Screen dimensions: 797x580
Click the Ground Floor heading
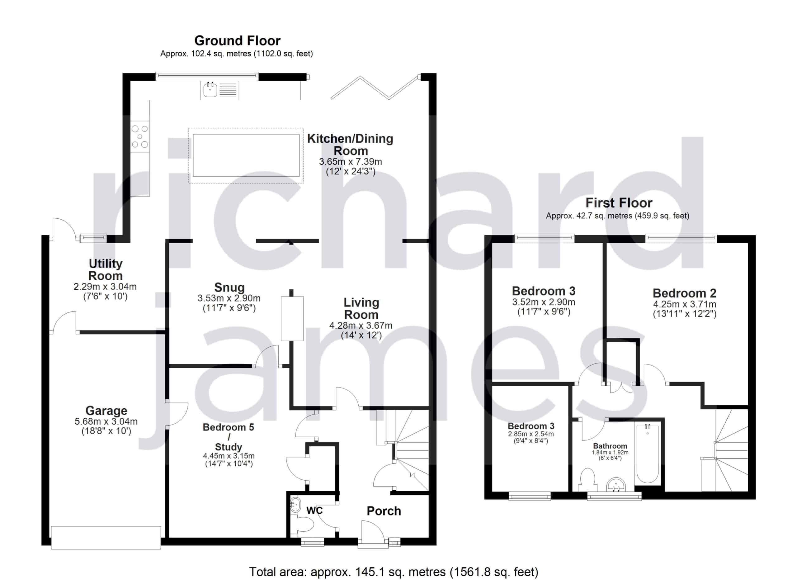tap(238, 41)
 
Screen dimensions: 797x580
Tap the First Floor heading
tap(619, 203)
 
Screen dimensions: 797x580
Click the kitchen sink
tap(210, 90)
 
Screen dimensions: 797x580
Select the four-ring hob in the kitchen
tap(140, 137)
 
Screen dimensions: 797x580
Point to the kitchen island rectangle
tap(246, 155)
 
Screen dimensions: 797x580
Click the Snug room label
tap(229, 287)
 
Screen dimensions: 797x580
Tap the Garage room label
tap(106, 411)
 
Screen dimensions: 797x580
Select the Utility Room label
tap(106, 270)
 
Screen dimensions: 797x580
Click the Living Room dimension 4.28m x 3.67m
tap(361, 326)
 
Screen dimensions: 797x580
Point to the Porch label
tap(384, 511)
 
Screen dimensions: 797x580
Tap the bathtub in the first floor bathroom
tap(648, 454)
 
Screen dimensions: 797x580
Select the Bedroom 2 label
tap(685, 293)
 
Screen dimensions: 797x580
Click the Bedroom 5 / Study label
tap(229, 437)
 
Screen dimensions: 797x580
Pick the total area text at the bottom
tap(394, 572)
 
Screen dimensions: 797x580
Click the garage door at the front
tap(106, 537)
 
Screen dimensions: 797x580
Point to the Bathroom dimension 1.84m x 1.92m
tap(610, 452)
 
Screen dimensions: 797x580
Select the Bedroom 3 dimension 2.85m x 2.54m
tap(531, 434)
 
